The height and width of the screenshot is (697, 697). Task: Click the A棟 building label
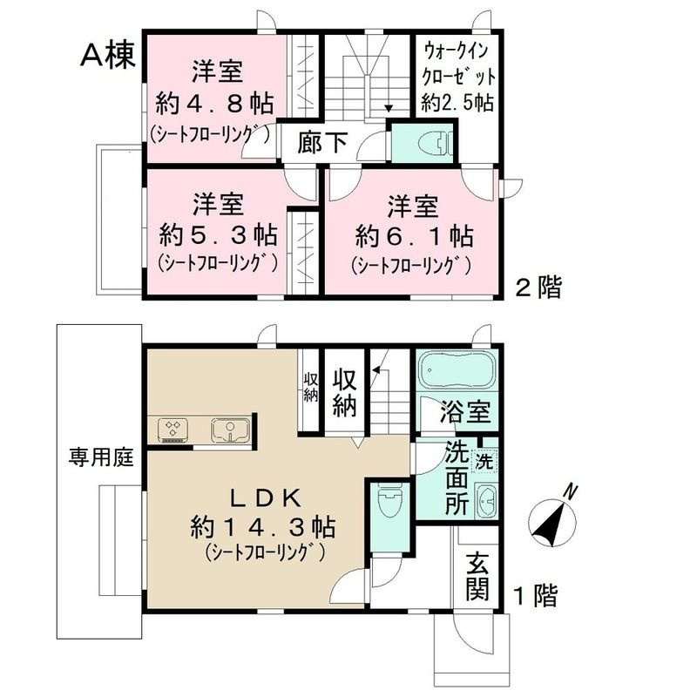click(x=106, y=55)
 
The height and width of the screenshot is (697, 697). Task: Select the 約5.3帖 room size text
click(x=218, y=234)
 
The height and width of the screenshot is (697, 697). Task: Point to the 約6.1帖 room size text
click(x=414, y=235)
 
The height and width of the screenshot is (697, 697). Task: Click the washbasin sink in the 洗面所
click(x=486, y=501)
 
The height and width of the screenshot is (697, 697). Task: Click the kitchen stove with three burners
click(x=172, y=428)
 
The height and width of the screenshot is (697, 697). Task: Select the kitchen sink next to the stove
click(x=230, y=428)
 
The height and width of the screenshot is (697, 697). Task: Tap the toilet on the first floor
click(x=389, y=503)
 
